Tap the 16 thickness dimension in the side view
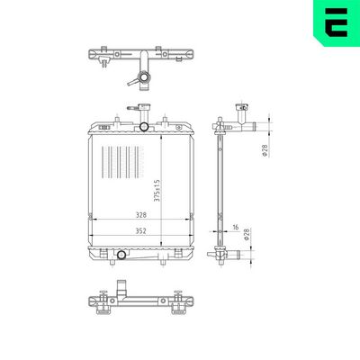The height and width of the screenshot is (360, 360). tap(235, 229)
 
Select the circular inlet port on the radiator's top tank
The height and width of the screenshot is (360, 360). tap(145, 126)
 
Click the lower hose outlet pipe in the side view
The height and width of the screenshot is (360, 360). tap(232, 258)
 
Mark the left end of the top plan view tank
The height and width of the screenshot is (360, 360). tap(93, 57)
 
